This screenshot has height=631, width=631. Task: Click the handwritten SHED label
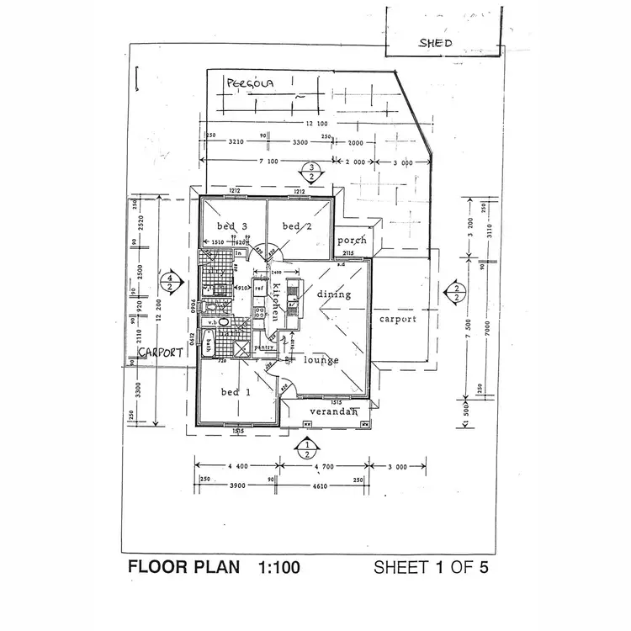437,43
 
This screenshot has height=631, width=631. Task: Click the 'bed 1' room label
236,392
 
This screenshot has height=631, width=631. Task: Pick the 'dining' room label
333,294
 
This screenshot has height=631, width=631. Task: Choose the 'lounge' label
321,360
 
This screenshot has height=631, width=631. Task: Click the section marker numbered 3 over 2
311,172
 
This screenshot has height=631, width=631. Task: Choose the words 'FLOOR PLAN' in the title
181,567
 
